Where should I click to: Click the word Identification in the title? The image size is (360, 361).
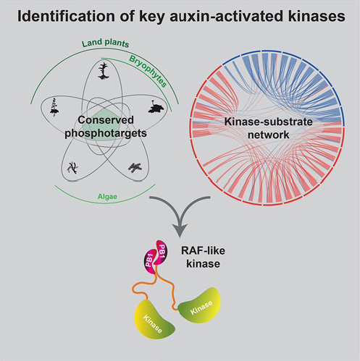click(66, 17)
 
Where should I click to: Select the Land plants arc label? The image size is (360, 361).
click(105, 43)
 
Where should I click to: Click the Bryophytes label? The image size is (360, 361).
click(148, 72)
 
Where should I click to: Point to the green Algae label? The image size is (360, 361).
click(107, 197)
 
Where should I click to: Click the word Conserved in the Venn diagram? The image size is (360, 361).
click(106, 120)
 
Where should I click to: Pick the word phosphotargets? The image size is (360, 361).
click(106, 133)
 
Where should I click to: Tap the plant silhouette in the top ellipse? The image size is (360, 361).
click(104, 70)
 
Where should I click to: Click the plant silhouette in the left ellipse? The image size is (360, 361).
click(54, 107)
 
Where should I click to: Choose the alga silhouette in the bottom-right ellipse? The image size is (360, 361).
click(135, 167)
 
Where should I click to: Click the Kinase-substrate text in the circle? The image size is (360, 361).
click(269, 122)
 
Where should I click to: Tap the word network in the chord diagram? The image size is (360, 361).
click(269, 135)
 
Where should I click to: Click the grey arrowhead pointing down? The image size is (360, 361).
click(180, 230)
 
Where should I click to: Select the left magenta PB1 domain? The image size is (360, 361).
click(150, 262)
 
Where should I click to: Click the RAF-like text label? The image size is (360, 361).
click(203, 250)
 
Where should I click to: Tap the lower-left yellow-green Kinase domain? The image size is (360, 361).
click(154, 319)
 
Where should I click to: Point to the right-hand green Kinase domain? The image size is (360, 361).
click(200, 306)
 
